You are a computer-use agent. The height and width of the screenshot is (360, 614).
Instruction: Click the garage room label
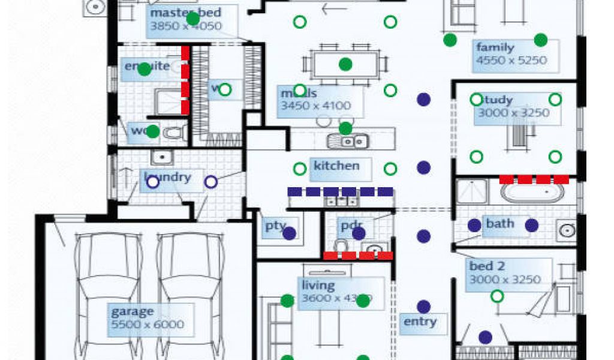pyautogui.click(x=132, y=312)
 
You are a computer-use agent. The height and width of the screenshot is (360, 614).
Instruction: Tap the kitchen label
pyautogui.click(x=336, y=166)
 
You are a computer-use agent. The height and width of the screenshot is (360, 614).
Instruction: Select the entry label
pyautogui.click(x=420, y=322)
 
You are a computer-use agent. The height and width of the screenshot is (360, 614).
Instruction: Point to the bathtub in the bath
pyautogui.click(x=532, y=193)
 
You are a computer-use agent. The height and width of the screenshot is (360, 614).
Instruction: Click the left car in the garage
pyautogui.click(x=108, y=294)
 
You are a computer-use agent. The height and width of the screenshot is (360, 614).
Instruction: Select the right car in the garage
pyautogui.click(x=186, y=294)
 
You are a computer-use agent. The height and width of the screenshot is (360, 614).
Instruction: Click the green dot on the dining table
pyautogui.click(x=345, y=64)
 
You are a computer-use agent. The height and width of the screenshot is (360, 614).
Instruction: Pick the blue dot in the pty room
pyautogui.click(x=290, y=233)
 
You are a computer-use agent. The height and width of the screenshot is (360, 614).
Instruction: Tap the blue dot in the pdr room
pyautogui.click(x=359, y=233)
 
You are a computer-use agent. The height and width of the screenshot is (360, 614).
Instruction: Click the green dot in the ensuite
pyautogui.click(x=145, y=69)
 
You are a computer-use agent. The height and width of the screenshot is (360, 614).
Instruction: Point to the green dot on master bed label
pyautogui.click(x=192, y=19)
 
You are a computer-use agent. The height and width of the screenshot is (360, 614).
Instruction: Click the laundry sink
pyautogui.click(x=162, y=158)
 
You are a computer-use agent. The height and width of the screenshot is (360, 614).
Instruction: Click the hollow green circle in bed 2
pyautogui.click(x=497, y=296)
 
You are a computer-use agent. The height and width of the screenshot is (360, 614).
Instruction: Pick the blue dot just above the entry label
pyautogui.click(x=424, y=307)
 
